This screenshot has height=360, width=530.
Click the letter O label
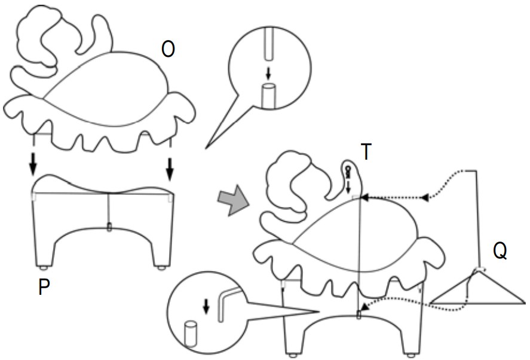tap(169, 50)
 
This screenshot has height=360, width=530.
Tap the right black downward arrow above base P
tap(170, 167)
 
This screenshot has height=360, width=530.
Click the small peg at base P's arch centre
tap(109, 227)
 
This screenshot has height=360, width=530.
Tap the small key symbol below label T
tap(347, 172)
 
